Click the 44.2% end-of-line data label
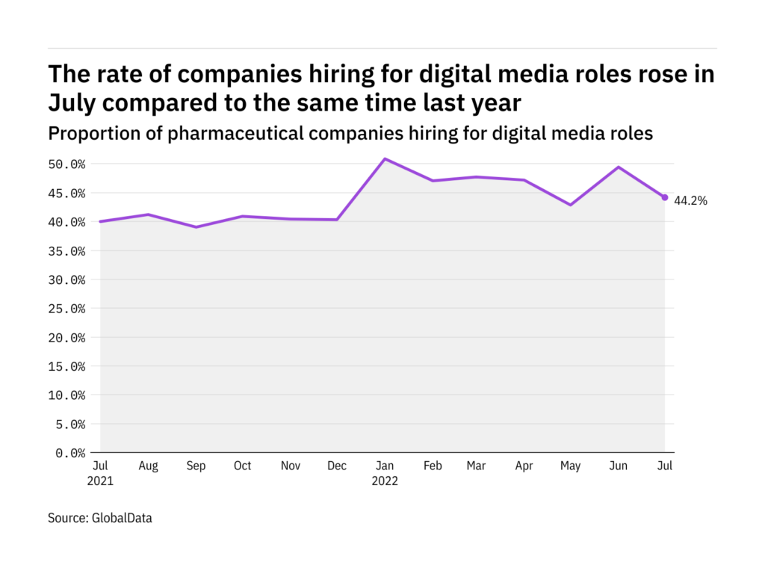(690, 200)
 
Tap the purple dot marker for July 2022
(665, 197)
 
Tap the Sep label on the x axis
(196, 466)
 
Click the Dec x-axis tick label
(337, 466)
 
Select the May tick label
(571, 466)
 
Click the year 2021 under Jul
(100, 481)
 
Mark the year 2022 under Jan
(385, 481)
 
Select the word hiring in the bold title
(326, 74)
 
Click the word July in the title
(73, 100)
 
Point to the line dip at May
(571, 205)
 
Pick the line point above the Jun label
(618, 167)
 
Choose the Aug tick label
(149, 466)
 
